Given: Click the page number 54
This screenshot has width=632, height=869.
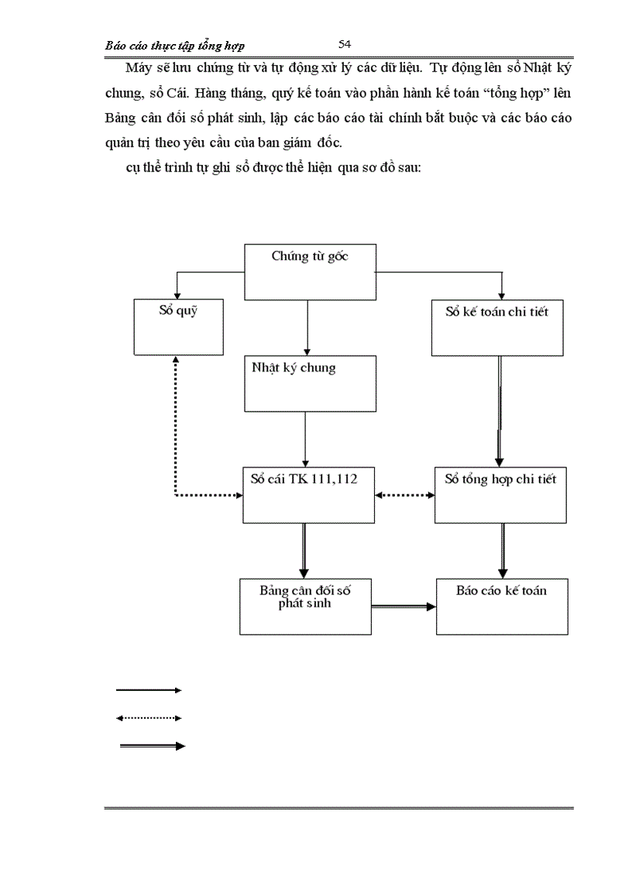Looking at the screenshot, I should point(345,44).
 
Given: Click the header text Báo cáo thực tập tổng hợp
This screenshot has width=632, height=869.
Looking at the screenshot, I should point(175,46).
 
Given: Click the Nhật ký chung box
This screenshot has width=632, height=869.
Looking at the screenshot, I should point(310,383).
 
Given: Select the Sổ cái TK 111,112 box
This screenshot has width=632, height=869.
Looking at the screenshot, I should point(309,494).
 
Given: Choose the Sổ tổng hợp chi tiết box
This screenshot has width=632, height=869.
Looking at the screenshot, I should point(500,494).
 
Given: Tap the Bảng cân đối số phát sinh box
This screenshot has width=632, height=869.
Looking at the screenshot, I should point(305,606).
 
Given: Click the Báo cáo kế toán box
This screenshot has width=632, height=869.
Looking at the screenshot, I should point(502,606).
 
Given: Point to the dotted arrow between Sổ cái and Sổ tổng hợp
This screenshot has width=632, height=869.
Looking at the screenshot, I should point(405,494).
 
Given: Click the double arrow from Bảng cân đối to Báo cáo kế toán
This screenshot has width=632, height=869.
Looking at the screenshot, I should point(404,607).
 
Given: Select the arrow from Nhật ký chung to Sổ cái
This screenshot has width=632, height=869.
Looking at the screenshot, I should point(306,439).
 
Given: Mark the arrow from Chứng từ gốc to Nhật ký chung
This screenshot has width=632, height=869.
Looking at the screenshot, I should point(308,328).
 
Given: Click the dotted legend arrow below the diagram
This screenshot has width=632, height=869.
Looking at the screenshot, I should point(149,718).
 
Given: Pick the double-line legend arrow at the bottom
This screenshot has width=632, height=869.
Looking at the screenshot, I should point(152,746).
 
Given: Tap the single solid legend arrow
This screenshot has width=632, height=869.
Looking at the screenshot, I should point(149,689).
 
